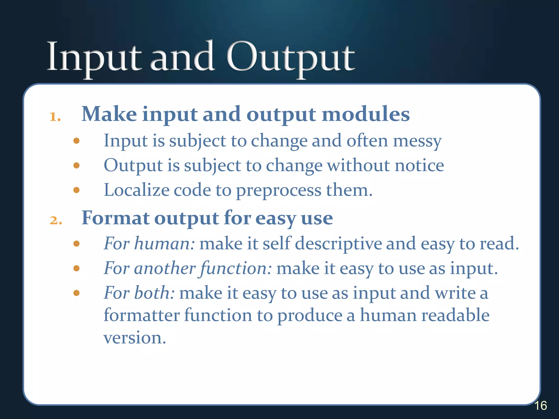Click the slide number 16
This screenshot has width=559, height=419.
point(540,406)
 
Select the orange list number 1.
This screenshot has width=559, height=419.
point(55,117)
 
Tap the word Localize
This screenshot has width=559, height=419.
point(136,190)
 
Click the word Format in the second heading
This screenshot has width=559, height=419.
point(116,218)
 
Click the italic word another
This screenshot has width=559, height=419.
point(165,268)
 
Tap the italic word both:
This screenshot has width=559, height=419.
point(154,293)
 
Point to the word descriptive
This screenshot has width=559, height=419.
point(338,244)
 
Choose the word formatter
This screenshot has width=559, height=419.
point(141,315)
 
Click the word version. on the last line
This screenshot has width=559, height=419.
point(135,338)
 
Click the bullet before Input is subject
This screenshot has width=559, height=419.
point(76,141)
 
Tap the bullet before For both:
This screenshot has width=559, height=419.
point(76,293)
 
